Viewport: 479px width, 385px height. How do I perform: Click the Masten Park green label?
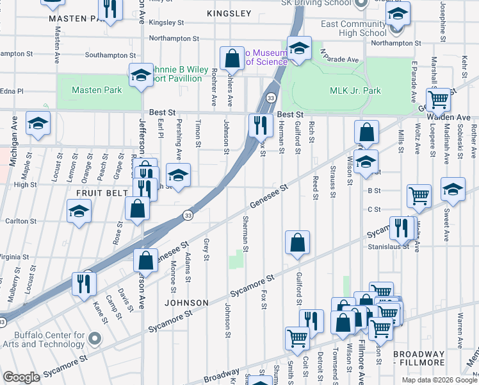pos(97,90)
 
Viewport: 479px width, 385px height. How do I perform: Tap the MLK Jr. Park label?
pos(355,90)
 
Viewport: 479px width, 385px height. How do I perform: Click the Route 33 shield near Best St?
pos(272,98)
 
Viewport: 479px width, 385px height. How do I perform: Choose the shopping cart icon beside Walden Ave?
pos(439,99)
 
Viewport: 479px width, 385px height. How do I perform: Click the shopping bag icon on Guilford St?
pos(298,243)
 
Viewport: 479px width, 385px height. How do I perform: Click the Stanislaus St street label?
pos(388,246)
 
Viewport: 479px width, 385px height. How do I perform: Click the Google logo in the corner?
pos(21,377)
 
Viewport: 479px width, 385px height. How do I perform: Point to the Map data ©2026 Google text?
pos(439,380)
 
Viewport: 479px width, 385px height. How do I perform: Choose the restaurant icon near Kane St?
pos(84,283)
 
